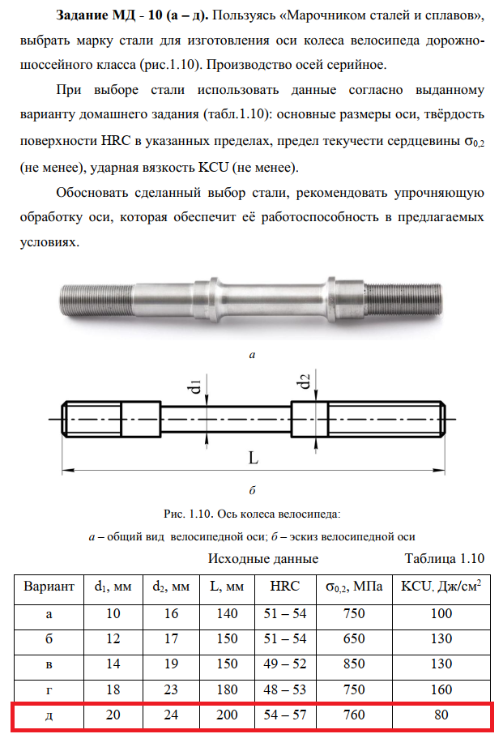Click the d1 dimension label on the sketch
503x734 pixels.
pos(197,382)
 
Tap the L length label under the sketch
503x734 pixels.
pos(253,458)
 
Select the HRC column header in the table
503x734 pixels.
pos(286,586)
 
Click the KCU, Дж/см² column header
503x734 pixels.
pos(442,586)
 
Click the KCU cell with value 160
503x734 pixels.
pos(442,689)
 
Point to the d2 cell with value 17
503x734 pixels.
pos(171,638)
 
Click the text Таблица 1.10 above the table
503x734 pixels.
pos(444,558)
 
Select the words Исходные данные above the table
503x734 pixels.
pos(263,558)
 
